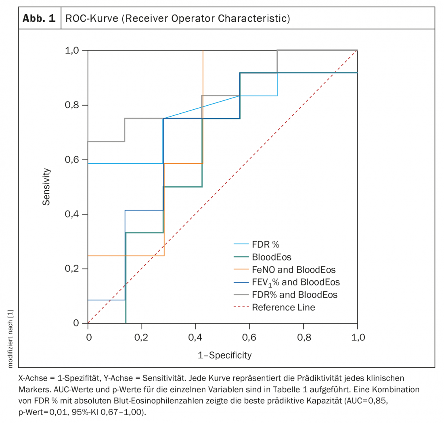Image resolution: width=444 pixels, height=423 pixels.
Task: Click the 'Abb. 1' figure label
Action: click(39, 19)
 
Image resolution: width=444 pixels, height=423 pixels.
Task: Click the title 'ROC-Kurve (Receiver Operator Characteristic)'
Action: click(178, 19)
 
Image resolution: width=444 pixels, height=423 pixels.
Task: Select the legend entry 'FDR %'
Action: click(266, 244)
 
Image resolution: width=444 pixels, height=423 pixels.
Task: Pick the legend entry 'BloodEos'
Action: click(271, 257)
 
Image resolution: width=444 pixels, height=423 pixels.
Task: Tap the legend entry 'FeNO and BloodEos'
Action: click(293, 269)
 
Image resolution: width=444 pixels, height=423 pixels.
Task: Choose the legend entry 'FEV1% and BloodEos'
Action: click(295, 282)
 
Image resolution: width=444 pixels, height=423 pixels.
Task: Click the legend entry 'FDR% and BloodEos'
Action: click(294, 295)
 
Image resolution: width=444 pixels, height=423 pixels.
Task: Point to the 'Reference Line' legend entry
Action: click(283, 307)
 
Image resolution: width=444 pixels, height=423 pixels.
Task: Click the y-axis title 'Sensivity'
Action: click(46, 187)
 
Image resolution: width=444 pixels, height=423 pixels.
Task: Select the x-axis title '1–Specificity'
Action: click(224, 355)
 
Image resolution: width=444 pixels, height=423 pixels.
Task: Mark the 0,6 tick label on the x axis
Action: click(249, 337)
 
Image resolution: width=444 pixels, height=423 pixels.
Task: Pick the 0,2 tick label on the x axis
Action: click(142, 337)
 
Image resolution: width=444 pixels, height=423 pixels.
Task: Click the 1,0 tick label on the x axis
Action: click(357, 337)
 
